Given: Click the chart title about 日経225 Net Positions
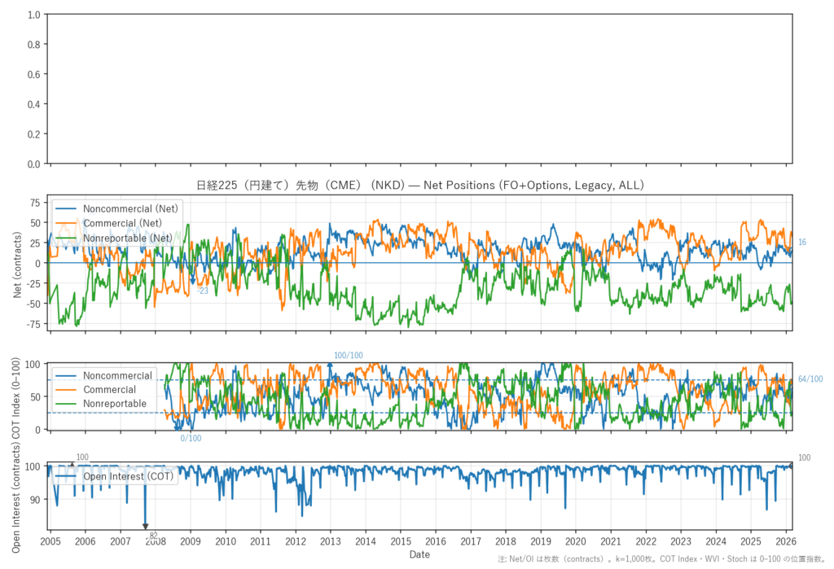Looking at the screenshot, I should coord(419,186).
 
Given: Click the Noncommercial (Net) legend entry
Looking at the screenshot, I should coord(130,208).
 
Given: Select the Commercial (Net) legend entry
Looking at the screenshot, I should coord(122,223).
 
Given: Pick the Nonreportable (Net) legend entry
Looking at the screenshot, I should coord(128,238).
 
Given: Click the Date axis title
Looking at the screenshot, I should coord(419,554).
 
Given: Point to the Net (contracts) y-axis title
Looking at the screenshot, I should coord(17,264).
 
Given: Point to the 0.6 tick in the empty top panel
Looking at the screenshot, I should coord(33,75).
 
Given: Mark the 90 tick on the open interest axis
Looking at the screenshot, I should coord(35,499).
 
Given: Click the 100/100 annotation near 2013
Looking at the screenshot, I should coord(349,356).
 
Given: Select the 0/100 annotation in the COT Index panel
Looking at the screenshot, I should coord(191,439).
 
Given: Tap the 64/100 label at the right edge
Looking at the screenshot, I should coord(810,379).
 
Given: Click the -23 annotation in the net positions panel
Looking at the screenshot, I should coord(203,291).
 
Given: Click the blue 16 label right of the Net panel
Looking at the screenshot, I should coord(801,243).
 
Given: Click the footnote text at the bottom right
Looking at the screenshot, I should coord(662,559).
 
